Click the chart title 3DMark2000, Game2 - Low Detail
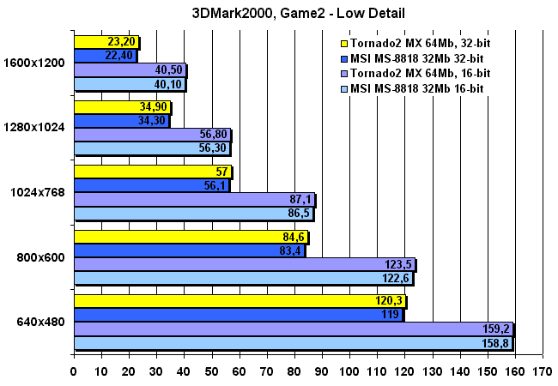pyautogui.click(x=280, y=13)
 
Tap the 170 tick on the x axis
pyautogui.click(x=543, y=372)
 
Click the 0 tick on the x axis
pyautogui.click(x=74, y=372)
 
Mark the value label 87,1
pyautogui.click(x=301, y=199)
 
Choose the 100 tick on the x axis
pyautogui.click(x=349, y=372)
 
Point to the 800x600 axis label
pyautogui.click(x=41, y=256)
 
